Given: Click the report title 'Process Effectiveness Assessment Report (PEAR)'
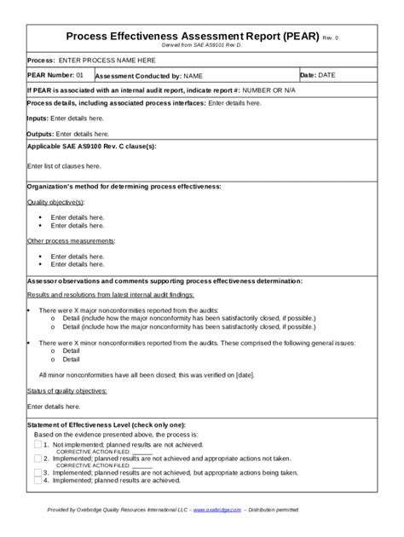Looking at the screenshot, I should pyautogui.click(x=193, y=38).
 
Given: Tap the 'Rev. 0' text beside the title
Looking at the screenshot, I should pyautogui.click(x=331, y=39).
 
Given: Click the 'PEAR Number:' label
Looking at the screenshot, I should pyautogui.click(x=51, y=75).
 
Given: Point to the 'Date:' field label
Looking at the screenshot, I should pyautogui.click(x=309, y=75).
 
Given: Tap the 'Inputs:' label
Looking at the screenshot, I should pyautogui.click(x=38, y=118).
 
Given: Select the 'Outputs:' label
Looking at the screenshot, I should pyautogui.click(x=40, y=134).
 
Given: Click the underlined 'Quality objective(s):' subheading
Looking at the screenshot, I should pyautogui.click(x=56, y=202).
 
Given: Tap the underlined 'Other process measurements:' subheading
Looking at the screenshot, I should pyautogui.click(x=71, y=241).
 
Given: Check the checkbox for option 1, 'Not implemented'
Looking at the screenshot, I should pyautogui.click(x=38, y=445).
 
